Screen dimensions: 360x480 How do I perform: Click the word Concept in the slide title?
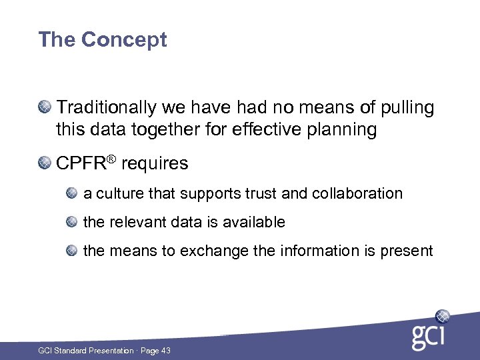tap(124, 40)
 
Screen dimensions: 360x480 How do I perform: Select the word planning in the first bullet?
tap(342, 129)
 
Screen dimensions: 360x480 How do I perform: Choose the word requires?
tap(155, 164)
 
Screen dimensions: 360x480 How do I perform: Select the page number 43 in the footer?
tap(165, 351)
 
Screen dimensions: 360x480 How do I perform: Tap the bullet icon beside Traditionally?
tap(45, 105)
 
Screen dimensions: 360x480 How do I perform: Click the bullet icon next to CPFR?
tap(45, 162)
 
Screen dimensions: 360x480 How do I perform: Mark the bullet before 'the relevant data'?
tap(72, 221)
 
